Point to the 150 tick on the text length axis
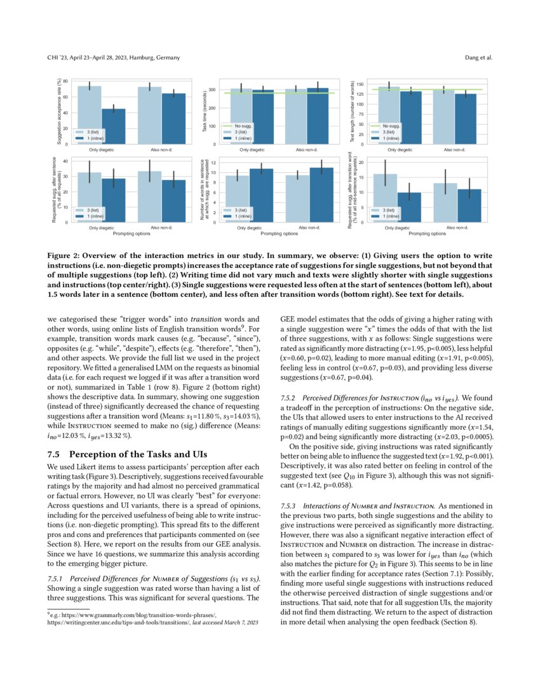359,84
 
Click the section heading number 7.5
54,454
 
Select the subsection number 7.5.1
58,579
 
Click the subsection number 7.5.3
290,505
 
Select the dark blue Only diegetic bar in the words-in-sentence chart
261,195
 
